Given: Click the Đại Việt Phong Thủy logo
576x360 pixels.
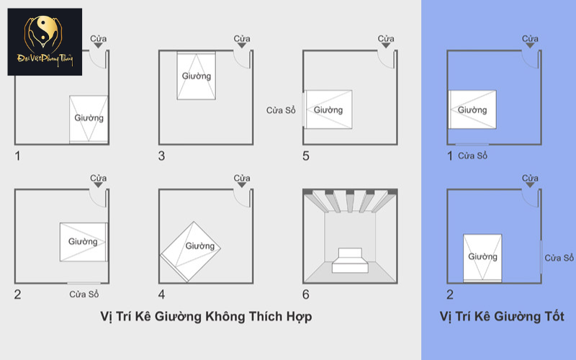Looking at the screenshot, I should tap(45, 42).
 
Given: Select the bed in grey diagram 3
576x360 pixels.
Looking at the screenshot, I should tap(197, 76).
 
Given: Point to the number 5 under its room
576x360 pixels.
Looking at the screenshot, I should tap(306, 156).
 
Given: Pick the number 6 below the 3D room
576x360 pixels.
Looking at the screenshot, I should tap(306, 294).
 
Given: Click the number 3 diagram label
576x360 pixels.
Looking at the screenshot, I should tap(162, 156).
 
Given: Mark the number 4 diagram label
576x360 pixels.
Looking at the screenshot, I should tap(162, 294).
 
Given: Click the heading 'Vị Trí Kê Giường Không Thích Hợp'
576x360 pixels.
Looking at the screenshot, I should tap(206, 317).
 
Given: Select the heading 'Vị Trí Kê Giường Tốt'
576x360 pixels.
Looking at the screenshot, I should tap(502, 317).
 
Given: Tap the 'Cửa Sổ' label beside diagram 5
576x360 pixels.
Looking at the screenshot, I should tap(281, 110).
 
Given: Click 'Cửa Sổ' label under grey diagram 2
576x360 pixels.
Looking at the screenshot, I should tap(84, 294).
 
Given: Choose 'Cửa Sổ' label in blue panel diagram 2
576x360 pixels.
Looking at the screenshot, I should tap(559, 258).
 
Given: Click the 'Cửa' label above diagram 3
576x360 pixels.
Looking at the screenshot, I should tap(242, 38).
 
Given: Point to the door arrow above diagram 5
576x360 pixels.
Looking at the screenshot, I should tap(386, 46).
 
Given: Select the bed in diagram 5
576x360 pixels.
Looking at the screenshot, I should tap(328, 109).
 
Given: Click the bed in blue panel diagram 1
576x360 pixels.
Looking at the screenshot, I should tap(473, 110).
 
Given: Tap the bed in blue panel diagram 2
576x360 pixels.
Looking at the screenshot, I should tap(482, 256).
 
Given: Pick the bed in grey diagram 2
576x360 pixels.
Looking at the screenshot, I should tap(84, 242).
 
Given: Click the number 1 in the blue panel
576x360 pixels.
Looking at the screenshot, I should tap(450, 156).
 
